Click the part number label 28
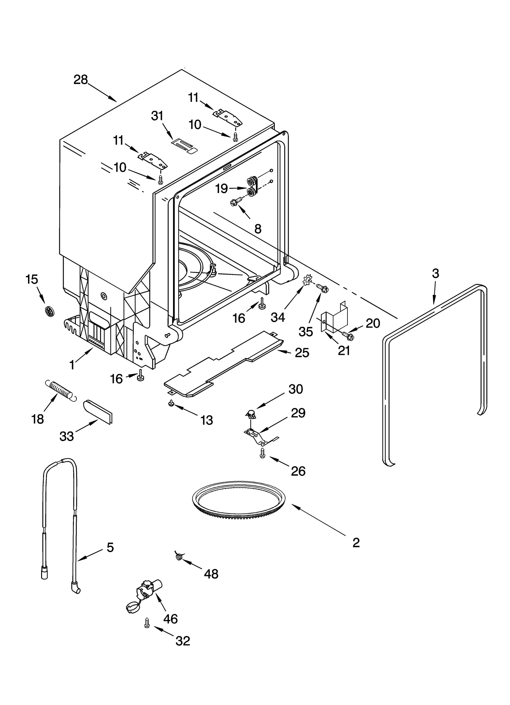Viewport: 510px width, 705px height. click(80, 80)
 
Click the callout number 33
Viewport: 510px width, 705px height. click(67, 436)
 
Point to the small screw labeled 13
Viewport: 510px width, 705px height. click(171, 404)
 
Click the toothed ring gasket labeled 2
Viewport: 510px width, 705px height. click(238, 500)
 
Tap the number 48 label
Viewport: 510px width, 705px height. click(211, 574)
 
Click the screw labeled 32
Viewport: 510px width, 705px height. click(147, 622)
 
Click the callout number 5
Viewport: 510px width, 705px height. click(110, 547)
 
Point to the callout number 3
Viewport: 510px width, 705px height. click(435, 273)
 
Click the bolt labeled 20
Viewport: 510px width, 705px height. click(347, 335)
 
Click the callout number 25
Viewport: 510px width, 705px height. click(302, 352)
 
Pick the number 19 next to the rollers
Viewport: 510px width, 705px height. click(221, 189)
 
